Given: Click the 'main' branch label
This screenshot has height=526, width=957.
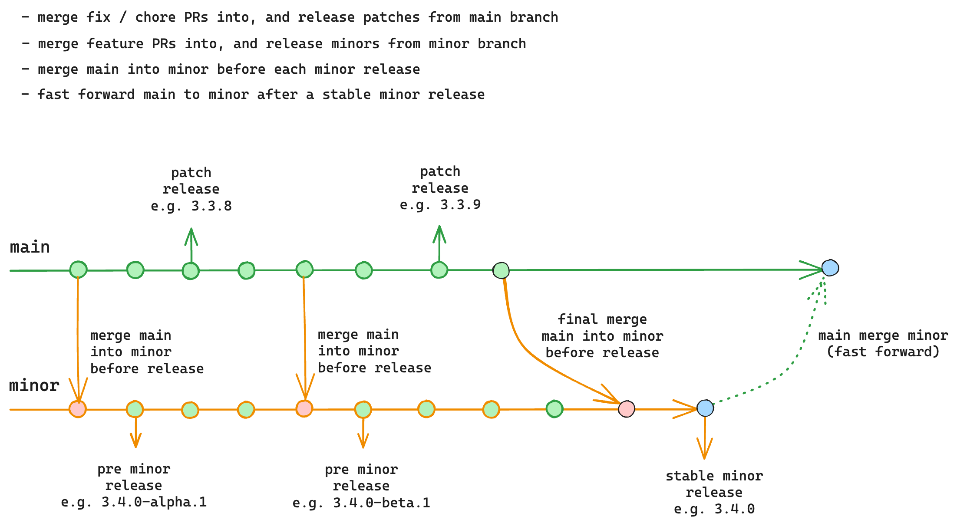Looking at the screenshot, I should [x=30, y=247].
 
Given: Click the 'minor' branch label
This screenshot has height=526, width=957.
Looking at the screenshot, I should [x=34, y=385].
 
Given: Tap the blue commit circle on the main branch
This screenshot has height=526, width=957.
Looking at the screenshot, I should [x=830, y=268].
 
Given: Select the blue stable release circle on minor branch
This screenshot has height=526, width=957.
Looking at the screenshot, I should [x=705, y=408].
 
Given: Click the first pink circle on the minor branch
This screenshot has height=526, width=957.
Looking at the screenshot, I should [x=78, y=409].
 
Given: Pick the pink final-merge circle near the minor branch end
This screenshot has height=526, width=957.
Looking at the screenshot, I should [x=626, y=408].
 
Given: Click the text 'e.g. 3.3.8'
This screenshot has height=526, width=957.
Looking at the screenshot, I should [x=191, y=206].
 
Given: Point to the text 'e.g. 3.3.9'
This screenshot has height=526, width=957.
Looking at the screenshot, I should [x=440, y=205].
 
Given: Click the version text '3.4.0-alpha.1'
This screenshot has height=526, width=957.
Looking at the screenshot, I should [x=154, y=502].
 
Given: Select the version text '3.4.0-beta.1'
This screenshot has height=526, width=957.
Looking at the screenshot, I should [x=381, y=503].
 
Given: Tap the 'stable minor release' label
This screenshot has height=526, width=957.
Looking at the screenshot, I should [x=714, y=484].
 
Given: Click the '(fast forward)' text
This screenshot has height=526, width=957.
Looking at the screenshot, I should [x=883, y=352].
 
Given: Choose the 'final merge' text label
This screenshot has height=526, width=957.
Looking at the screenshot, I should [x=602, y=319].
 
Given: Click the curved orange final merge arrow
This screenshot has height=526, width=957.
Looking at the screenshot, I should [x=530, y=352].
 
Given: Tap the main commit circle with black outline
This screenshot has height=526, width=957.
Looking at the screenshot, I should [x=501, y=270].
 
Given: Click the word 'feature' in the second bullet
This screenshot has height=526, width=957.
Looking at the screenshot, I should [x=115, y=44].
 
